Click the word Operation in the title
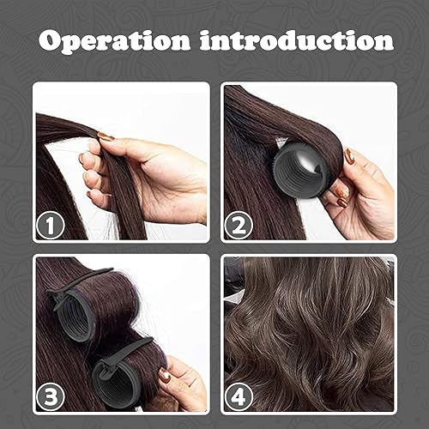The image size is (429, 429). [x=122, y=40]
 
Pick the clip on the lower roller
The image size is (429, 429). [x=120, y=352]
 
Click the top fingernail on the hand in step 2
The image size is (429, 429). [x=350, y=156]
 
